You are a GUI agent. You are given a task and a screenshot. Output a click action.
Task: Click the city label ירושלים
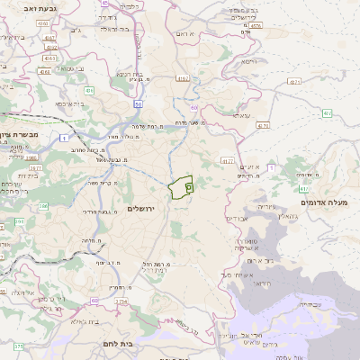pos(142,208)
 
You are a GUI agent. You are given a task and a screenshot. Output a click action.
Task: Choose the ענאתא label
pos(241,115)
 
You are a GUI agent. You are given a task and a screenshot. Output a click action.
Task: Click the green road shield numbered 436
pos(89,90)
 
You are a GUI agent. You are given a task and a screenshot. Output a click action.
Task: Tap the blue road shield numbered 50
pos(139,104)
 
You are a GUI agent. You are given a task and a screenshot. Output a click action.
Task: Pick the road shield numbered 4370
pos(263,126)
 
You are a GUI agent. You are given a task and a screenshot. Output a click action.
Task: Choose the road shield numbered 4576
pos(256,26)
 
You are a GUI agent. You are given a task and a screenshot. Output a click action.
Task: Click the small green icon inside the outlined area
pos(189,187)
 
